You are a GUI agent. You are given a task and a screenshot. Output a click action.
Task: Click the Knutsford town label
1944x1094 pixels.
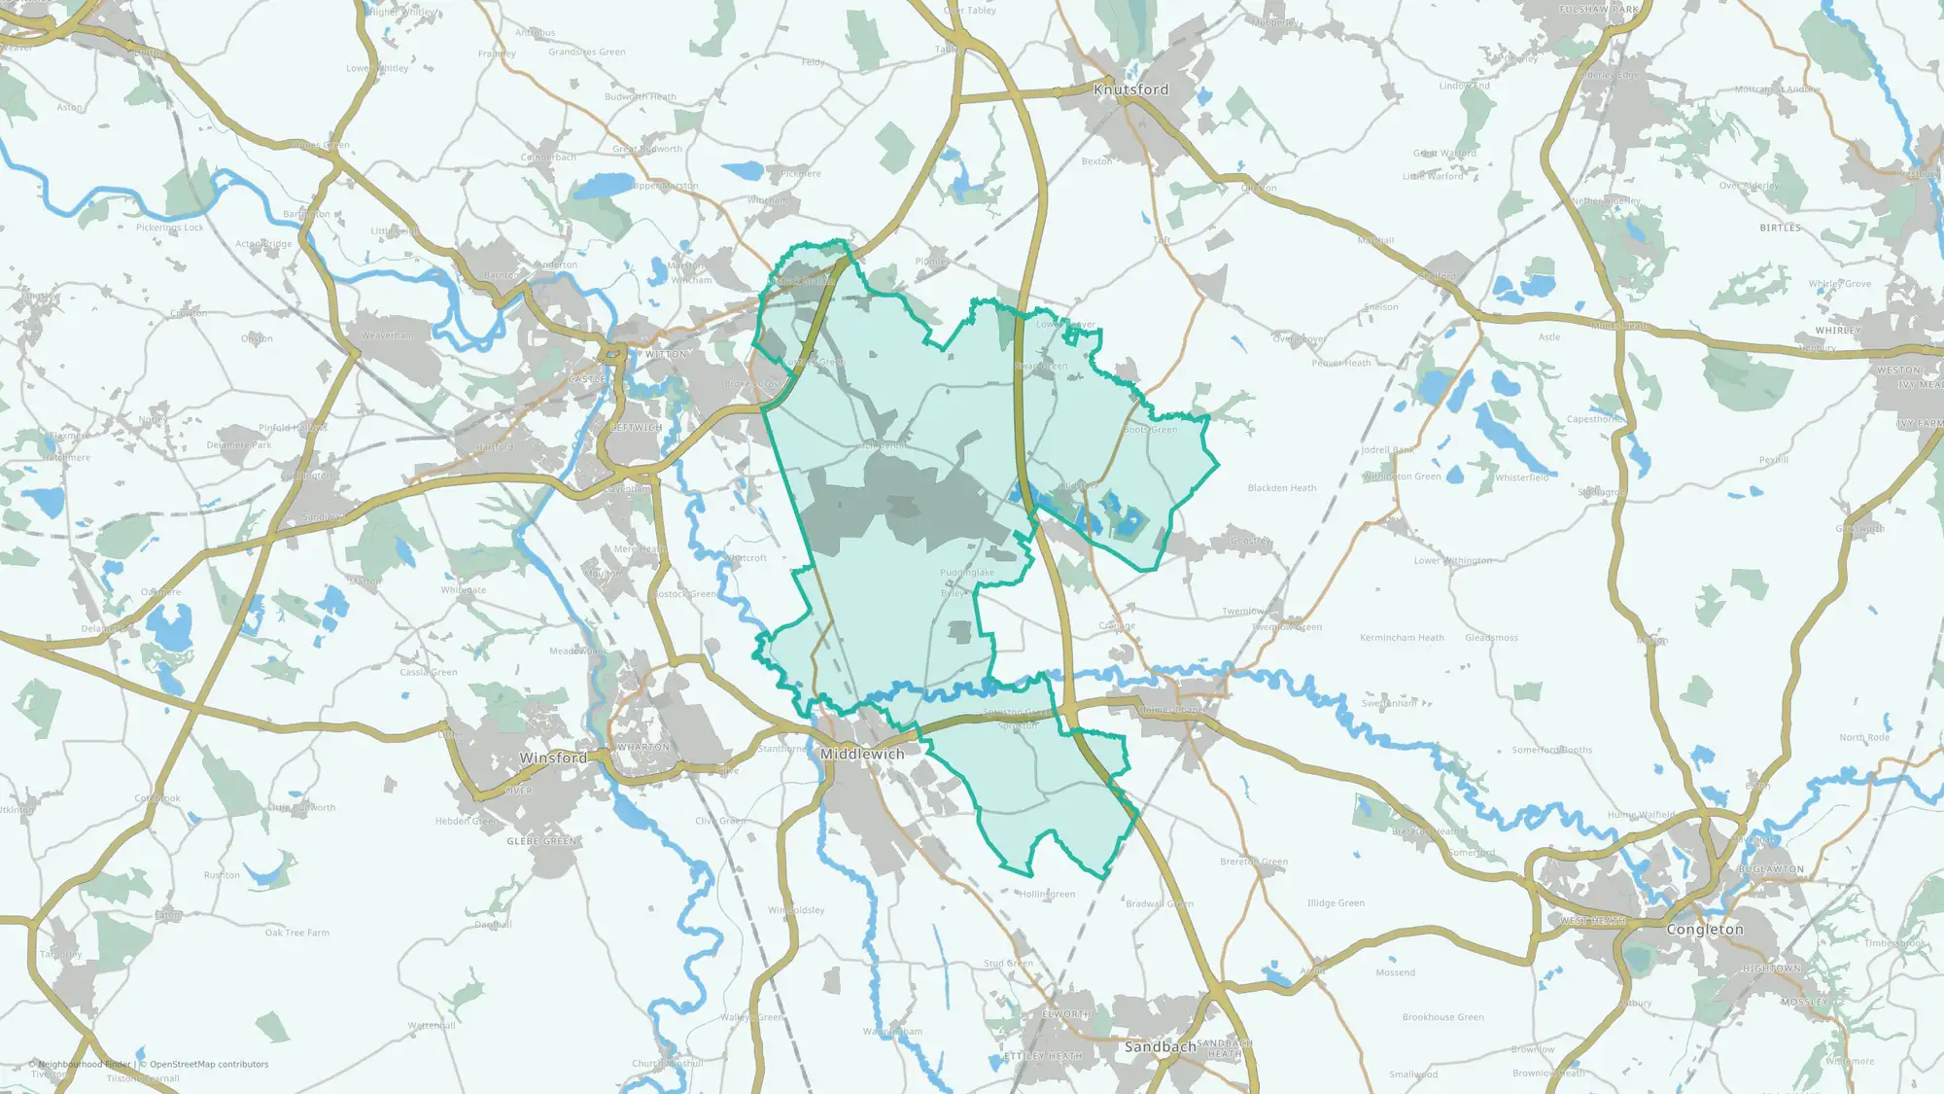pyautogui.click(x=1130, y=89)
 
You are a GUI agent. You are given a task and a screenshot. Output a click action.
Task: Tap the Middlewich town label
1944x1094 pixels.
pyautogui.click(x=862, y=755)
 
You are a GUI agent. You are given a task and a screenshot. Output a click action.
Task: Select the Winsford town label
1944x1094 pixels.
pyautogui.click(x=553, y=759)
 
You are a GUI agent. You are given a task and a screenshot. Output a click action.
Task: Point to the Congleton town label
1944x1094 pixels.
pyautogui.click(x=1705, y=930)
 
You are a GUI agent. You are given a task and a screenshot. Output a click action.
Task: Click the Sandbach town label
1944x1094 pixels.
pyautogui.click(x=1160, y=1047)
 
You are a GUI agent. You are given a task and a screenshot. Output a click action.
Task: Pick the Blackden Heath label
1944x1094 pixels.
pyautogui.click(x=1282, y=488)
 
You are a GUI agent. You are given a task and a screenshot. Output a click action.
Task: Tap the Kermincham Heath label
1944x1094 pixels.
pyautogui.click(x=1402, y=638)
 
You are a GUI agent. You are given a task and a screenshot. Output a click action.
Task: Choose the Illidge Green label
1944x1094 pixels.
pyautogui.click(x=1336, y=903)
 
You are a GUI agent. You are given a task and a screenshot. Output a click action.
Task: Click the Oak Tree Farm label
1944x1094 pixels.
pyautogui.click(x=297, y=933)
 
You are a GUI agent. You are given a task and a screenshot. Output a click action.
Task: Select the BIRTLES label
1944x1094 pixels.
pyautogui.click(x=1780, y=228)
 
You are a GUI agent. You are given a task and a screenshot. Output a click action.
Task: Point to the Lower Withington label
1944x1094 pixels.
pyautogui.click(x=1452, y=561)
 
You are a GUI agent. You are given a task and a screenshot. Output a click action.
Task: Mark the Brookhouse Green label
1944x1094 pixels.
pyautogui.click(x=1442, y=1017)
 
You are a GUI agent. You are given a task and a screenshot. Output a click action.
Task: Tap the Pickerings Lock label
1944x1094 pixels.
pyautogui.click(x=170, y=228)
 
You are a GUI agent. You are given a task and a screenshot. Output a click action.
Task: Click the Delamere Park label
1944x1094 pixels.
pyautogui.click(x=238, y=445)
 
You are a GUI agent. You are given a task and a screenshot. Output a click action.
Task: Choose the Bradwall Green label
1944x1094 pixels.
pyautogui.click(x=1159, y=904)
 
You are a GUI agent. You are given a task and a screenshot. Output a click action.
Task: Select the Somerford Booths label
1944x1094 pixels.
pyautogui.click(x=1551, y=750)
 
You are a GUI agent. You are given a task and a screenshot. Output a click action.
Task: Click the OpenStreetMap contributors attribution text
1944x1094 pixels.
pyautogui.click(x=209, y=1065)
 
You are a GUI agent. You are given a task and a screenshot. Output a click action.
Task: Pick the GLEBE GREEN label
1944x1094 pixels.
pyautogui.click(x=541, y=841)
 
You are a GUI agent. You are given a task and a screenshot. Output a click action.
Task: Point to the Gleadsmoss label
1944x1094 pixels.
pyautogui.click(x=1491, y=638)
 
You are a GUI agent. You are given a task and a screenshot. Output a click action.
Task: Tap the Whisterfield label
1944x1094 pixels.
pyautogui.click(x=1522, y=477)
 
